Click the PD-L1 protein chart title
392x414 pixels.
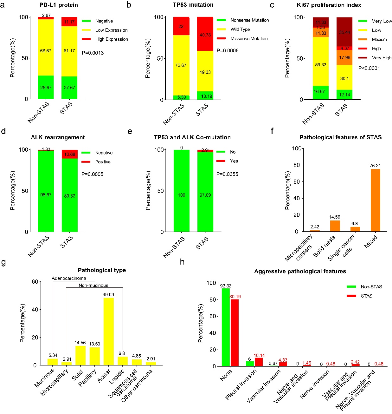(x=59, y=5)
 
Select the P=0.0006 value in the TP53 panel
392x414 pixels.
(x=228, y=51)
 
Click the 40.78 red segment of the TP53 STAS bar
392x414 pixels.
(x=205, y=34)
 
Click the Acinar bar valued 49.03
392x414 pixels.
(x=108, y=331)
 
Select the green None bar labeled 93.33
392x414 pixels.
(x=226, y=327)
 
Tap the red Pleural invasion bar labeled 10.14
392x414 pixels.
(x=259, y=362)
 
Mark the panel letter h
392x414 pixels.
(x=182, y=262)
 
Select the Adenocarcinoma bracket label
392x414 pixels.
(x=69, y=278)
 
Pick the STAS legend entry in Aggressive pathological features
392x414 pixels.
(x=366, y=296)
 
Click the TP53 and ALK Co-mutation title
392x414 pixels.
(x=192, y=137)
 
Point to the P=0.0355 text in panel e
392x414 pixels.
(x=227, y=174)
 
